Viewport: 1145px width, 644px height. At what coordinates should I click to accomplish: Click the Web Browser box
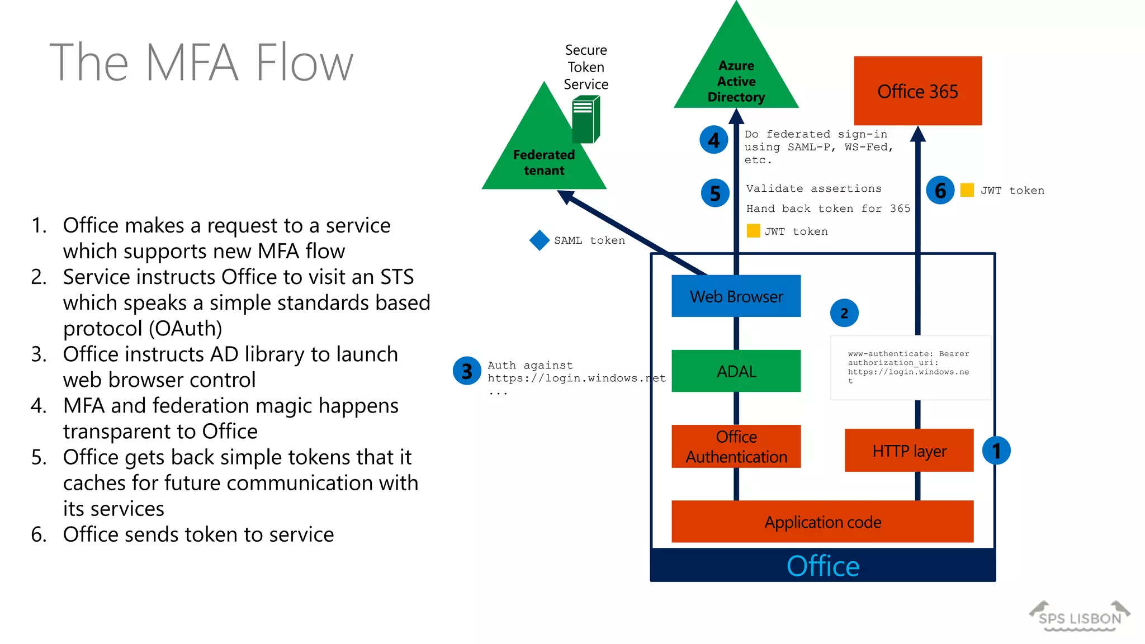736,296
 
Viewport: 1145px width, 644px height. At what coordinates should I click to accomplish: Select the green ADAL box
736,371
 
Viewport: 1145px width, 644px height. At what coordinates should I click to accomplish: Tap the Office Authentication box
736,447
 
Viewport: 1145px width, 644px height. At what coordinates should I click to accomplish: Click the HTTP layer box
909,451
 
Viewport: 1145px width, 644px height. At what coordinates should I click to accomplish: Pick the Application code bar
822,522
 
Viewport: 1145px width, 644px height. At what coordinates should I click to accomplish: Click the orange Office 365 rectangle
917,91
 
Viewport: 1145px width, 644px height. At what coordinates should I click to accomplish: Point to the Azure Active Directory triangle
736,78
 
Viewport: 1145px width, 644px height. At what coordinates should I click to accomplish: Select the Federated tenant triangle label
543,162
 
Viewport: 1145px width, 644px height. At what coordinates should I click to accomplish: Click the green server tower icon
585,119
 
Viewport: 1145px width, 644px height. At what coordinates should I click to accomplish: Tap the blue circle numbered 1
996,451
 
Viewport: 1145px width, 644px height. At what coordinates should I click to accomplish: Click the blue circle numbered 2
844,313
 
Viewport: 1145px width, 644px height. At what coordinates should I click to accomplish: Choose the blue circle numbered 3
467,371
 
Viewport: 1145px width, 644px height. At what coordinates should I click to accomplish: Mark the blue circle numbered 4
714,140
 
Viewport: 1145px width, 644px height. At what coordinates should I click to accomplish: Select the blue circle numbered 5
715,193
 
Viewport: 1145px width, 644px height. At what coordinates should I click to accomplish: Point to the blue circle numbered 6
940,191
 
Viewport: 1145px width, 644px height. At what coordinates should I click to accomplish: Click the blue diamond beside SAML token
540,240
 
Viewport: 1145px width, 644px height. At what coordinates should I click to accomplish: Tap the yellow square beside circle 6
967,190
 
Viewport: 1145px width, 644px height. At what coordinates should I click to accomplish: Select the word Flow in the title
304,63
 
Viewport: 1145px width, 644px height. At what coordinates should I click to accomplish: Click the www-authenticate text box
910,367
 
